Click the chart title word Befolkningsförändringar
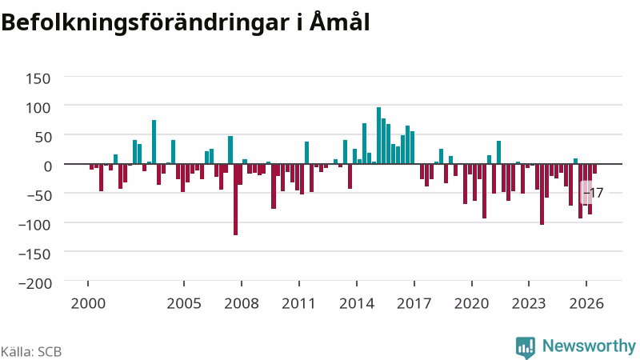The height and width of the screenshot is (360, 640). coord(146,22)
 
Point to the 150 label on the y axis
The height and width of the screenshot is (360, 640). coord(38,78)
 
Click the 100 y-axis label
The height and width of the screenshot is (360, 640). coord(38,108)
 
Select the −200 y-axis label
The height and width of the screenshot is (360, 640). coord(35,283)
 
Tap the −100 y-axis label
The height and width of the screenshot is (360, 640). coord(35,225)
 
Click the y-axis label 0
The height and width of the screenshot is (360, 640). coord(48,166)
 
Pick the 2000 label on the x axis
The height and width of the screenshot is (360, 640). coord(88,304)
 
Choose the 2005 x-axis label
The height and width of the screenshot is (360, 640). coord(184,304)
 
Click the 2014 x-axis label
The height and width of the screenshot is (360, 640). coord(357,304)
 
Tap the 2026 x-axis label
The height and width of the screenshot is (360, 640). coord(586,304)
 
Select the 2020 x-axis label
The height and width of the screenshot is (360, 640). coord(471,304)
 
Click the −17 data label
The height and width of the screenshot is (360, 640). coord(593,193)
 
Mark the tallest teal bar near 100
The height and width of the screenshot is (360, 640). coord(378,135)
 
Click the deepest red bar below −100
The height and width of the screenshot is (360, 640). coord(235,199)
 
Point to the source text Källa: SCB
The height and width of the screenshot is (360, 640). coord(31,351)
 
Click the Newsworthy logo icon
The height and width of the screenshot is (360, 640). coord(526,347)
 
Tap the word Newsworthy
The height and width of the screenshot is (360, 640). coord(589,346)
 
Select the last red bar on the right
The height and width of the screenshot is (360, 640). coord(594,169)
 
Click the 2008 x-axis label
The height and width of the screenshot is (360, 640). coord(242,304)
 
